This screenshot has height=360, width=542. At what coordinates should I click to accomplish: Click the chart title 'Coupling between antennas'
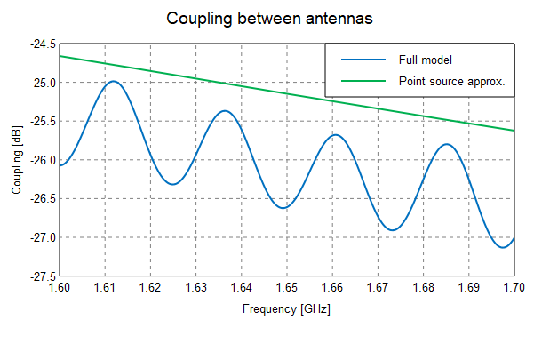[x=270, y=19]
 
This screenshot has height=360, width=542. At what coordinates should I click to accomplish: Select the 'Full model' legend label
[x=426, y=60]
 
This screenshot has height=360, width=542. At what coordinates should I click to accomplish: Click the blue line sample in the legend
[x=364, y=60]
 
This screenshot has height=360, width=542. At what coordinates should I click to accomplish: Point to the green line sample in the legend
[x=364, y=81]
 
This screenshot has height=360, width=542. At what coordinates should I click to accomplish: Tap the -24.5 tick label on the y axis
[x=41, y=44]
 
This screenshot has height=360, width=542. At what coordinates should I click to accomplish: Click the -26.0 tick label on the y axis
[x=41, y=160]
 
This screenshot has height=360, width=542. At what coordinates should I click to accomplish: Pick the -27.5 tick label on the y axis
[x=41, y=276]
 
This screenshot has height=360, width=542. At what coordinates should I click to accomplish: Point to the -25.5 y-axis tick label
[x=41, y=121]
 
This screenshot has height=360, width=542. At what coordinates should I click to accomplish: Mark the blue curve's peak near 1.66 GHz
[x=334, y=134]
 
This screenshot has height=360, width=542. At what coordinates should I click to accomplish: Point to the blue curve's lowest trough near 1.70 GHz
[x=504, y=247]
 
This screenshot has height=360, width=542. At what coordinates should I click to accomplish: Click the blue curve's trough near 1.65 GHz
[x=283, y=208]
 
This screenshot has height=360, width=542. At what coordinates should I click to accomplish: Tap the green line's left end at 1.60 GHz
[x=60, y=56]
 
